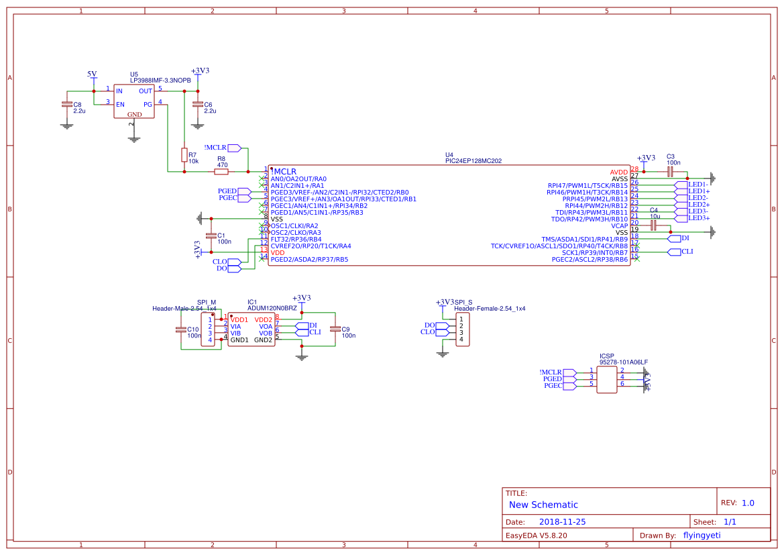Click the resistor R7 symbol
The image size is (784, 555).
pos(184,155)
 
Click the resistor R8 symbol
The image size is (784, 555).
pos(221,172)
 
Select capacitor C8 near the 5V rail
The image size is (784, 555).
pos(66,104)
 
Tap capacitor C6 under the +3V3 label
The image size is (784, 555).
pos(197,104)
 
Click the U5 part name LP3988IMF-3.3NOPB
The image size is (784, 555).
pos(160,81)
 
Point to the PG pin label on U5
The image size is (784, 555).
pos(148,104)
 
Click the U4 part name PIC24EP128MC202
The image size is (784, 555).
pos(473,161)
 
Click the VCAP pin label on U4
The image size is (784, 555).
pos(619,225)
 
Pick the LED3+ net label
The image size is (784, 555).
pos(698,217)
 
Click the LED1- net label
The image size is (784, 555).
pos(697,184)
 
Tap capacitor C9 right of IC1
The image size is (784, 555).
pos(335,329)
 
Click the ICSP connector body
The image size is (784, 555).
pos(606,379)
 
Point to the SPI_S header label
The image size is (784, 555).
pos(463,302)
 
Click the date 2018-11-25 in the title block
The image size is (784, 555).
pos(562,521)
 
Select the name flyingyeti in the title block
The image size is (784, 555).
pos(702,535)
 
